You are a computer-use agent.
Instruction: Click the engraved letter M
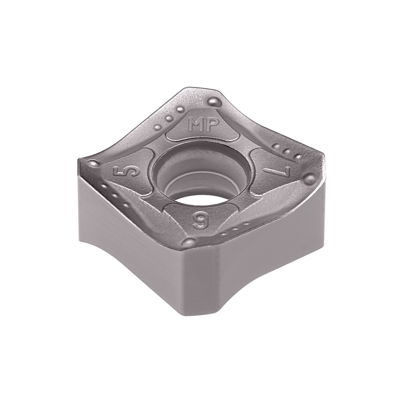pos(196,125)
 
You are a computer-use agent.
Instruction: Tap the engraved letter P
pos(211,125)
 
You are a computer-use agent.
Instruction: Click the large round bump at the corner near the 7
pos(310,179)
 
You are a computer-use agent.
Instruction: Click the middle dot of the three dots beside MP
pos(170,118)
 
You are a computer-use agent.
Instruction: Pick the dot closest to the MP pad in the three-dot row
pos(180,109)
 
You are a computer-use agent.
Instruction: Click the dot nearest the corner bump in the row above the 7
pos(298,157)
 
